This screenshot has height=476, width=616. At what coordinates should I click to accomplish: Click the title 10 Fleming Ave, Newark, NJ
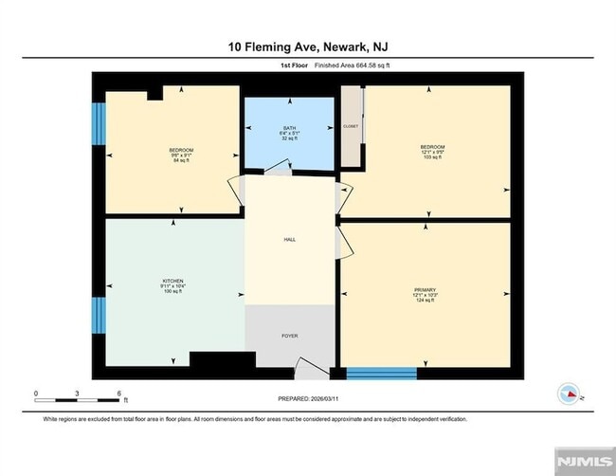307,46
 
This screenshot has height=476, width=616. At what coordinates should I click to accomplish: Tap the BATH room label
289,127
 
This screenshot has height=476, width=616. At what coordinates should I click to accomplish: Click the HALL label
290,240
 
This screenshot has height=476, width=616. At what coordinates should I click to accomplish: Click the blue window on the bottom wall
381,372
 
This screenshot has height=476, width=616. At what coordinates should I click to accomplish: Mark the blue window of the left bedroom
96,120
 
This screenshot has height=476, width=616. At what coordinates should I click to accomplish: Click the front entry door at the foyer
308,366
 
